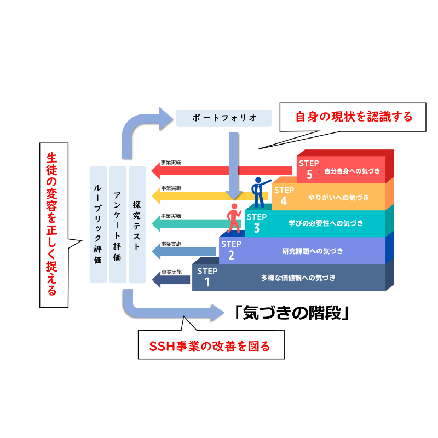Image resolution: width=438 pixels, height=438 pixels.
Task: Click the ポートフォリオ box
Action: (224, 118)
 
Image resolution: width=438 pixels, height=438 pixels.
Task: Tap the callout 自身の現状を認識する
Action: (353, 117)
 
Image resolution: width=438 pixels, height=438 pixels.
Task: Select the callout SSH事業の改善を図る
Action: (210, 346)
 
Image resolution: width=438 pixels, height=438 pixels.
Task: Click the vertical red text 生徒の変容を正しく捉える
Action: (53, 224)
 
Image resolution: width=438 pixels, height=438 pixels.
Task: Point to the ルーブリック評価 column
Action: (98, 224)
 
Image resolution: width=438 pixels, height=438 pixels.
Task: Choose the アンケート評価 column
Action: (118, 224)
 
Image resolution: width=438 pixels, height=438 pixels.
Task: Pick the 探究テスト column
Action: (137, 224)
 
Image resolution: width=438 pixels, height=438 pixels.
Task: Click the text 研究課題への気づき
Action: (312, 251)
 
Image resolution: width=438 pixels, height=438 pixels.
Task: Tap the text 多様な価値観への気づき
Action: (298, 278)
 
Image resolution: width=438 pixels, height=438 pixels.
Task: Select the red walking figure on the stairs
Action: (234, 218)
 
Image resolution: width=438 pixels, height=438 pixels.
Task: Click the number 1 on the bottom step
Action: (207, 283)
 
